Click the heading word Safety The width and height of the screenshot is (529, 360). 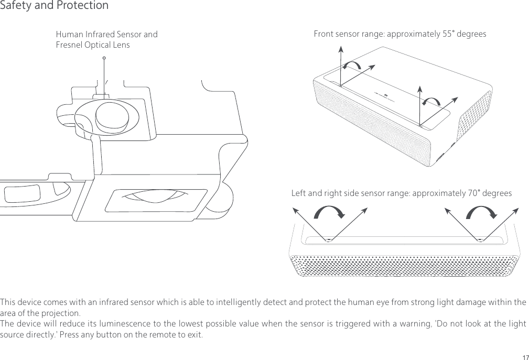[x=15, y=6]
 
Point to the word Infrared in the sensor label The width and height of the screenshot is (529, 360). [x=98, y=35]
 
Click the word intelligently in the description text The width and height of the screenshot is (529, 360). [x=222, y=303]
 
